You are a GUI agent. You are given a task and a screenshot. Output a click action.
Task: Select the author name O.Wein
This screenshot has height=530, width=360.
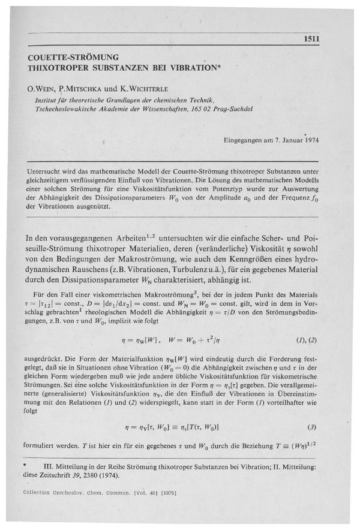coord(41,88)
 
